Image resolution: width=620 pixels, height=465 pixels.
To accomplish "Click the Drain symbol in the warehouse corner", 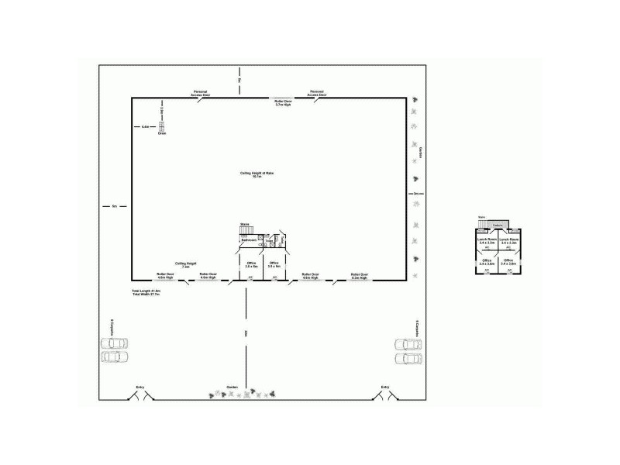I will [163, 127].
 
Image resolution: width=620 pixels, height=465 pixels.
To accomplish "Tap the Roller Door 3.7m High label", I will [283, 102].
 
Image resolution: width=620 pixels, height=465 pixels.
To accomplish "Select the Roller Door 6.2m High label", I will [359, 275].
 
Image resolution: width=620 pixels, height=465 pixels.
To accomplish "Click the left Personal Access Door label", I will [201, 93].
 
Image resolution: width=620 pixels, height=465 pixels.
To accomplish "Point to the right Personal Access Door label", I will [318, 93].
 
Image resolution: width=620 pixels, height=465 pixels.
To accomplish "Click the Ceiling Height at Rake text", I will [257, 175].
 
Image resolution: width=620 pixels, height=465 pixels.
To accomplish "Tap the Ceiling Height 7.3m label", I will [186, 264].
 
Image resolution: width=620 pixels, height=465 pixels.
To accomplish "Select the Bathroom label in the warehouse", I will [249, 240].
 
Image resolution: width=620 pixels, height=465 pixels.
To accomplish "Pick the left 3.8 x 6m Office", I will [251, 264].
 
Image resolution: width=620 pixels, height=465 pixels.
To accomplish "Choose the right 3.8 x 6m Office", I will [274, 264].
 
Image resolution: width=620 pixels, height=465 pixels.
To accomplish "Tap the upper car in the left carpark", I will [113, 343].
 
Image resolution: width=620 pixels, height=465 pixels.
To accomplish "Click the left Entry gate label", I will [140, 387].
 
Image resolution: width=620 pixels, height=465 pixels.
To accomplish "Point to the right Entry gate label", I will [385, 387].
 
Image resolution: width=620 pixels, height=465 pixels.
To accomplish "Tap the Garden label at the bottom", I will [232, 387].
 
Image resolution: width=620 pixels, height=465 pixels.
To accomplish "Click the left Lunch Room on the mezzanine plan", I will [487, 242].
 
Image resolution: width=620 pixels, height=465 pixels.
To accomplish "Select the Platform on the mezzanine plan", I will [498, 226].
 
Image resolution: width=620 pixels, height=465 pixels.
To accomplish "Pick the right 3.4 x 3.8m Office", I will [508, 263].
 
